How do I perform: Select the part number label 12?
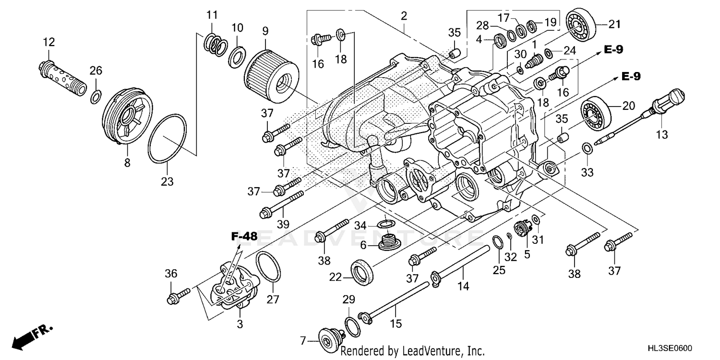pyautogui.click(x=49, y=42)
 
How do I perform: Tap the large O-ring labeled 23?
pyautogui.click(x=167, y=138)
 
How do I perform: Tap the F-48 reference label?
pyautogui.click(x=244, y=236)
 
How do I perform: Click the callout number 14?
pyautogui.click(x=463, y=287)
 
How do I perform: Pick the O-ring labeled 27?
pyautogui.click(x=268, y=267)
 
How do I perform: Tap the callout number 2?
pyautogui.click(x=404, y=16)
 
